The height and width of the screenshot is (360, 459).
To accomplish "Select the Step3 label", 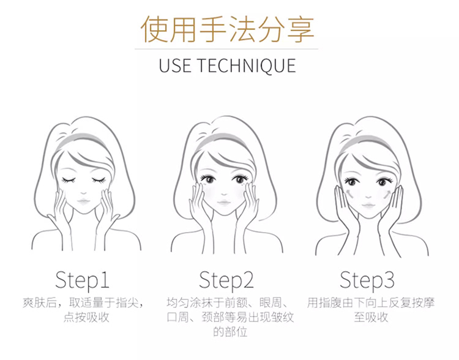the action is (367, 280).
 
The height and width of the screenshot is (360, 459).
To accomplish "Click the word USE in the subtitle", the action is (174, 66).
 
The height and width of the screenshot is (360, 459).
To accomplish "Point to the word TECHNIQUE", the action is (247, 66).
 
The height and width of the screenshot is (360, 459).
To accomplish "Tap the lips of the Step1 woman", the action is (83, 201).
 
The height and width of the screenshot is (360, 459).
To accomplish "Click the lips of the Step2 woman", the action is (224, 203).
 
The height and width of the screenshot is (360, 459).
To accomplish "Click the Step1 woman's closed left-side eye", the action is (69, 179).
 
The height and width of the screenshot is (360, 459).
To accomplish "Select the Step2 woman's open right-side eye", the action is (240, 179).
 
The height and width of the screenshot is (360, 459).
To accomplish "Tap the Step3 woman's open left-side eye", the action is (352, 182).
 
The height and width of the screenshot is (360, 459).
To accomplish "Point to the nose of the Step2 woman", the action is (225, 194).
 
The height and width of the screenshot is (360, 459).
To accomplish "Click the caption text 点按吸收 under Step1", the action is (86, 318).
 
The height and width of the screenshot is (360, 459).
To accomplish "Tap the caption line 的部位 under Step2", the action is (230, 332).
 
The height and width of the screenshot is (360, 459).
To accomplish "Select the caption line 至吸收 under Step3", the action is (371, 317).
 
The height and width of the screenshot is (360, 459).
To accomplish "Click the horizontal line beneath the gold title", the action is (226, 49).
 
